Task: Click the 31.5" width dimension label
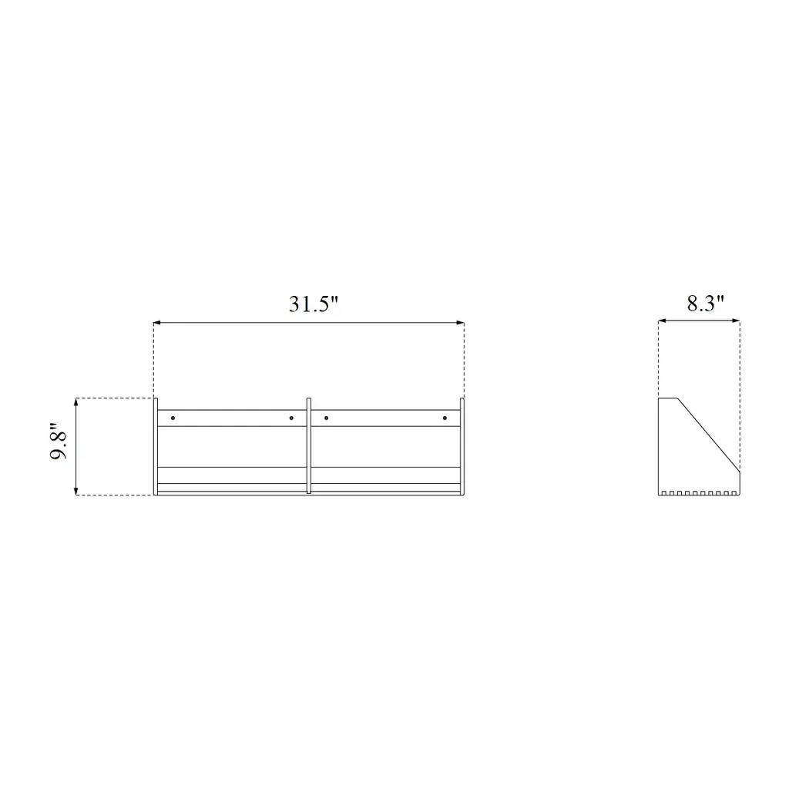(314, 304)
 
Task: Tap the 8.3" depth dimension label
(706, 303)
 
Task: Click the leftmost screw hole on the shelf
(173, 418)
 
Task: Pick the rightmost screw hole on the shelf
(445, 418)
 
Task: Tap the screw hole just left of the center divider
(291, 418)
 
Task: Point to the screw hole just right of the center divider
(327, 418)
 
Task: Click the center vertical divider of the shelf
(309, 446)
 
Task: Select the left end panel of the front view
(156, 447)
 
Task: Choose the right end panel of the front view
(462, 447)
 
